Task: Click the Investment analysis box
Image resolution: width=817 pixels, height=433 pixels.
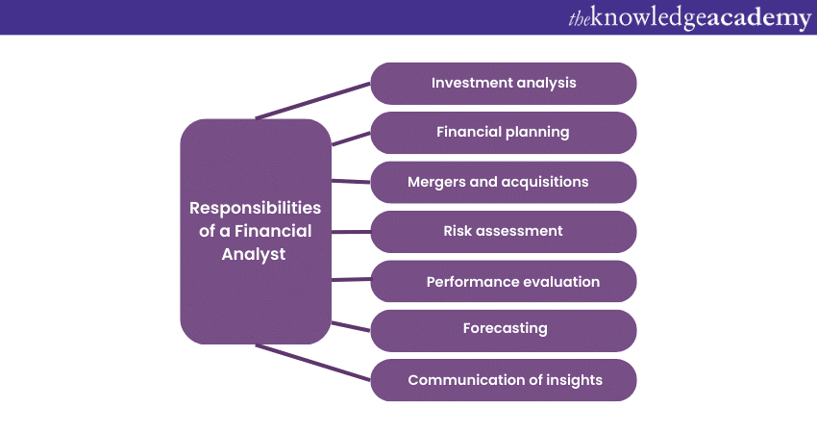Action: (504, 84)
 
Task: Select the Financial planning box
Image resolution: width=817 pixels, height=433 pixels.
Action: (504, 133)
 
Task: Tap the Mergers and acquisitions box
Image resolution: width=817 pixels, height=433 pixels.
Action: (504, 182)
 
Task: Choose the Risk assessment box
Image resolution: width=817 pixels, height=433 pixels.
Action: (504, 232)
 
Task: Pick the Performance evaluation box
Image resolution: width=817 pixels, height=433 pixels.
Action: (504, 281)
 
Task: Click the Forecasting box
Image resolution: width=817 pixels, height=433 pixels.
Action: (504, 331)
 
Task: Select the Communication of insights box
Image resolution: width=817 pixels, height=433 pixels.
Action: (504, 380)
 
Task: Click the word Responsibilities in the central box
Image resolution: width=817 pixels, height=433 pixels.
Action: (256, 209)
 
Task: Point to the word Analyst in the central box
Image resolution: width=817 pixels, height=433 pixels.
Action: (254, 255)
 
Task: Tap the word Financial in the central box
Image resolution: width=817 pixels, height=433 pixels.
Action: (273, 231)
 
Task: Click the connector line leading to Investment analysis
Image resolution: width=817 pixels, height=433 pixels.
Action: (313, 101)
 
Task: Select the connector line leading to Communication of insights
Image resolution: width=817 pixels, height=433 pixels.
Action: (313, 362)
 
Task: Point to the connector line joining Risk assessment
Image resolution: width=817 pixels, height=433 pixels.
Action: (351, 232)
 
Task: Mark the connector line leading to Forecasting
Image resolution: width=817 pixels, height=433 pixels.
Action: (351, 326)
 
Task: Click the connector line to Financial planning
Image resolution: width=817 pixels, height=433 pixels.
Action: (351, 139)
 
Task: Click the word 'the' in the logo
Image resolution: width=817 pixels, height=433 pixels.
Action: (580, 19)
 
